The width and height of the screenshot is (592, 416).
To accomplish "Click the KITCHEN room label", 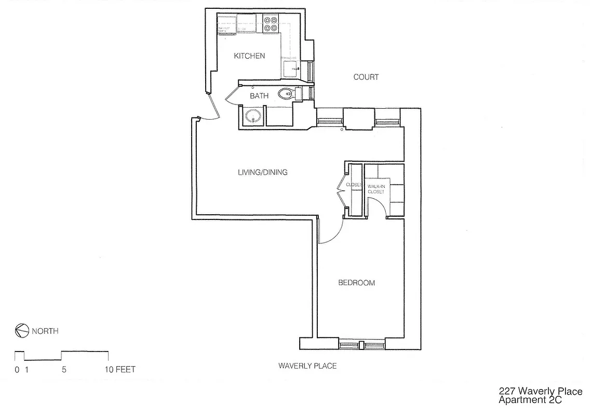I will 249,56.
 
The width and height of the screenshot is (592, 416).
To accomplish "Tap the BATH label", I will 259,96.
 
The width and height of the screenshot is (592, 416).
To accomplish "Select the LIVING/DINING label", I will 262,172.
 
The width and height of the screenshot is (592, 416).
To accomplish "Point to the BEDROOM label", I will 356,283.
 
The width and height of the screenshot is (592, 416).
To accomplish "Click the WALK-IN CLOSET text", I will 376,189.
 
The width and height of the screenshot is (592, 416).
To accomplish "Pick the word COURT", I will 366,77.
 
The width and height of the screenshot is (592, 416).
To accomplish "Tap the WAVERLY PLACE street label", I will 307,366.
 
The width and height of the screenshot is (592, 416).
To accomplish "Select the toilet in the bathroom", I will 287,94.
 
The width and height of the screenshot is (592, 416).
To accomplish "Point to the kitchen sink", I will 290,68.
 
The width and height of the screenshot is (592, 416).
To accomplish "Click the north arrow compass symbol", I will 21,331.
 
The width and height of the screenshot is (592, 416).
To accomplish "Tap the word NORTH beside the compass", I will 45,331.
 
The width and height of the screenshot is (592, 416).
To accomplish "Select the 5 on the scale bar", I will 64,370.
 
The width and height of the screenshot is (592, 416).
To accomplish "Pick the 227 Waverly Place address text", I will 540,392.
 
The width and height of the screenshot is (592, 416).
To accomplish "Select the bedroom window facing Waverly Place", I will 362,344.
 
